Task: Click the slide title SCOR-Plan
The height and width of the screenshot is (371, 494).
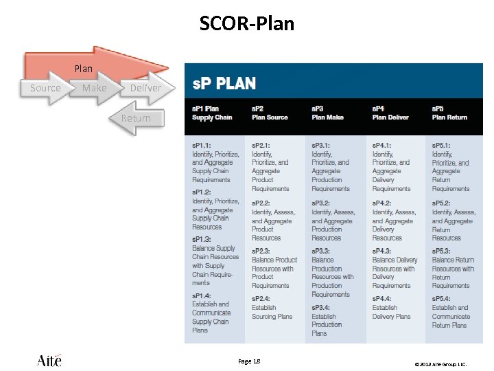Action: click(247, 24)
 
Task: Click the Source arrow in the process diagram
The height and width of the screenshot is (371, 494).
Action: click(45, 88)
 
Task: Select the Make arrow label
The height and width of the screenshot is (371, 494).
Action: click(95, 88)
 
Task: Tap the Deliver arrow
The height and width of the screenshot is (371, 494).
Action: click(145, 88)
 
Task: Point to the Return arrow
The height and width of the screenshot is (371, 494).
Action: click(136, 118)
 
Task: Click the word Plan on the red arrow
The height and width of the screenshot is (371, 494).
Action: click(83, 69)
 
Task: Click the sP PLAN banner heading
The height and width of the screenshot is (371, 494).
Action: click(224, 84)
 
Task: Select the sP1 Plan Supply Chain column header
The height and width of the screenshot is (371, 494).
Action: click(212, 113)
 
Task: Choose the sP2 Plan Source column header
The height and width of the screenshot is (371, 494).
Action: click(270, 113)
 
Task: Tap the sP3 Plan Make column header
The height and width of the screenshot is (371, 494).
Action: click(328, 113)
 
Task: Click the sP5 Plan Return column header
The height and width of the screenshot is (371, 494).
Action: click(449, 113)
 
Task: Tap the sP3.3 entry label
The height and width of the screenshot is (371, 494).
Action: click(321, 251)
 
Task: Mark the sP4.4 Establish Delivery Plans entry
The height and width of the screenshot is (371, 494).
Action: click(391, 308)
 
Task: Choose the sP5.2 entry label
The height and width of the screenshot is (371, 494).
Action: click(442, 203)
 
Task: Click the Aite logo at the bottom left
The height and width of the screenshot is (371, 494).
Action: click(49, 360)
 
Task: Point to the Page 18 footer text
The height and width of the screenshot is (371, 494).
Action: click(249, 361)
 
